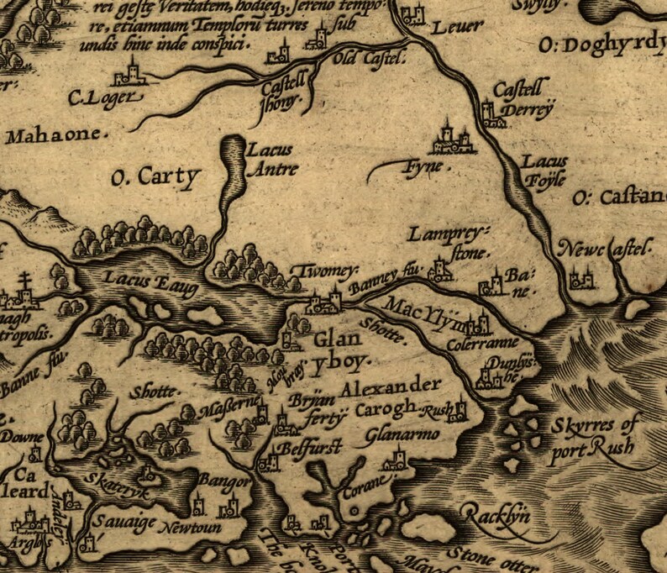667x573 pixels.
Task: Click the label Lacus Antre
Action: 270,160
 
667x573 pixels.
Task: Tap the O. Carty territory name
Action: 157,177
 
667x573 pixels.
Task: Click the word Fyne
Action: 423,167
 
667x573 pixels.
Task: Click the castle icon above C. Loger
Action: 131,74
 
